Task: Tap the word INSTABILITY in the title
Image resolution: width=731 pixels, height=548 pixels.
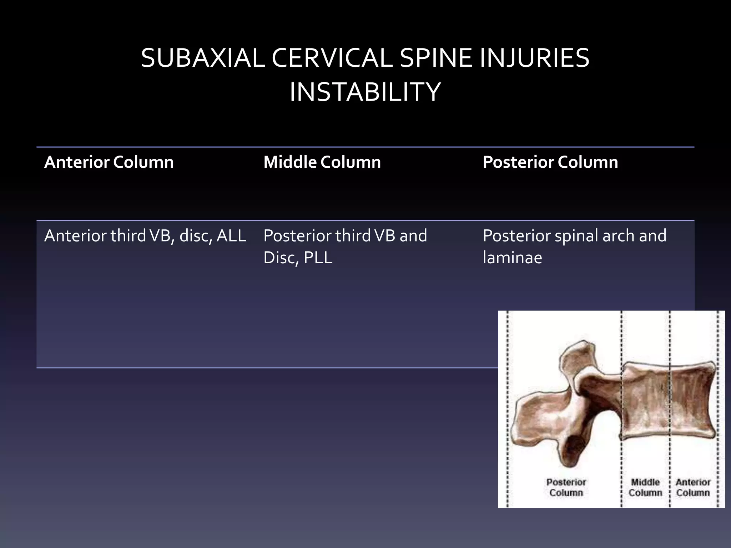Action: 365,92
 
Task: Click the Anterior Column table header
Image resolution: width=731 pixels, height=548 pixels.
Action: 109,162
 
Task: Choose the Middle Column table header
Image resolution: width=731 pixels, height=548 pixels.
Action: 322,162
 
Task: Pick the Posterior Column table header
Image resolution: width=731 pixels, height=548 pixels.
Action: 550,162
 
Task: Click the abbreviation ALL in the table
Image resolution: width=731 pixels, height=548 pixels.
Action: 231,236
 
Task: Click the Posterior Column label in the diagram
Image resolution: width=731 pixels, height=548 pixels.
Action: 566,487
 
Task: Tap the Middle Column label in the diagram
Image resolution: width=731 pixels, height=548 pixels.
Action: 645,487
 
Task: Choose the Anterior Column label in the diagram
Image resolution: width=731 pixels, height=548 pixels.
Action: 693,487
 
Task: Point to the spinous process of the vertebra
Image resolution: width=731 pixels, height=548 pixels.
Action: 535,417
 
